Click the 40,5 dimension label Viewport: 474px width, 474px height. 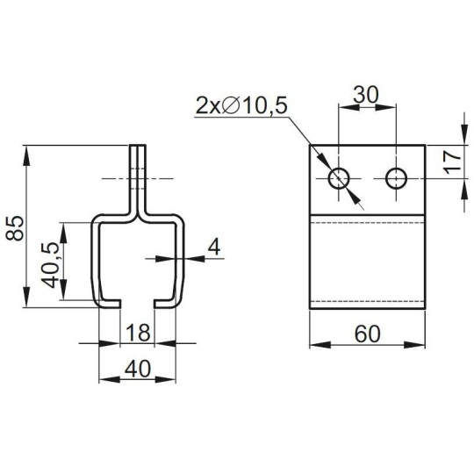pos(53,266)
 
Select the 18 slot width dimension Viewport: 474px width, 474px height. pos(137,334)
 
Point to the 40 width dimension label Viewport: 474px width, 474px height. pos(137,369)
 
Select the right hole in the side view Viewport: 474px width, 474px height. pos(396,179)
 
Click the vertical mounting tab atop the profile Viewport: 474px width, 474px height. pos(138,176)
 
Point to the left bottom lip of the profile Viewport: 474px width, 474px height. pos(108,304)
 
